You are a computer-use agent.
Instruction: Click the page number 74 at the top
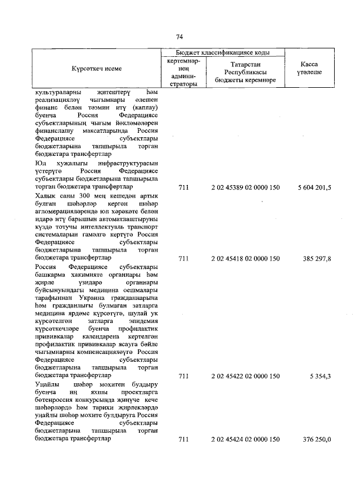click(x=180, y=37)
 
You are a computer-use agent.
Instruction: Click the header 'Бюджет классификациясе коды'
click(x=223, y=52)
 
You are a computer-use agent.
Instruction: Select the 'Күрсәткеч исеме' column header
click(x=96, y=69)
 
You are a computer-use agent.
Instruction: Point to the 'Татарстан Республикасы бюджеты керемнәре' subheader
click(x=245, y=73)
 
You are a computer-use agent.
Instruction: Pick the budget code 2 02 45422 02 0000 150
click(x=245, y=375)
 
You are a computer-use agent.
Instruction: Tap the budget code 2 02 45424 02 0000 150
click(x=245, y=439)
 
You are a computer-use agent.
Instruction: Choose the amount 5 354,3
click(x=321, y=375)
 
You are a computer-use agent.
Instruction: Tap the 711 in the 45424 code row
click(x=183, y=439)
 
